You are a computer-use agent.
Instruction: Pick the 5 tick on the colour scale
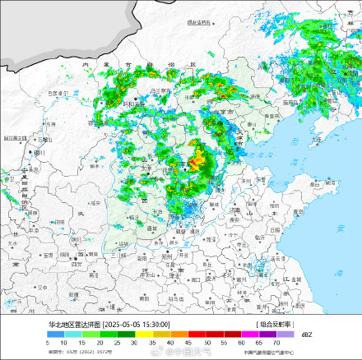point(50,342)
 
